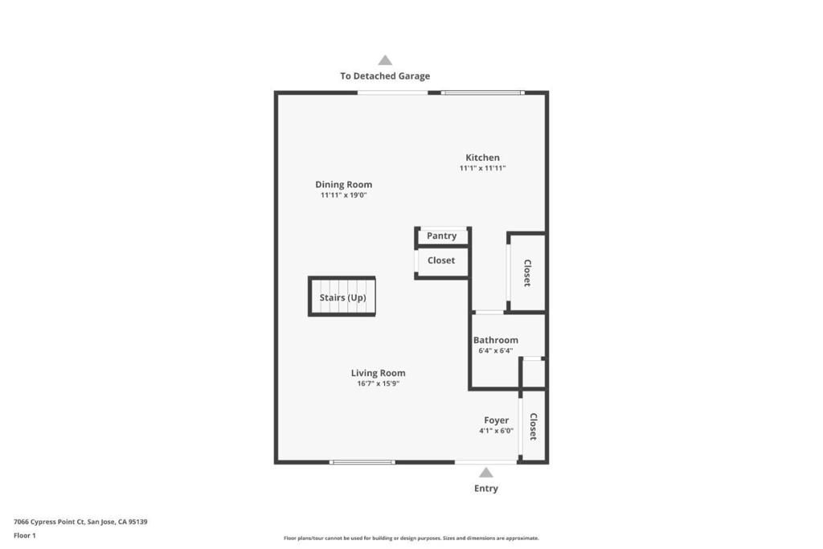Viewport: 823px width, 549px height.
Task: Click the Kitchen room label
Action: click(x=482, y=158)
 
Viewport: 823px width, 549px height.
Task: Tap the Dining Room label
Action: click(x=343, y=184)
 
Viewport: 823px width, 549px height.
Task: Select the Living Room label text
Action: click(x=378, y=373)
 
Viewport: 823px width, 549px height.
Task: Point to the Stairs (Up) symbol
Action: click(x=342, y=297)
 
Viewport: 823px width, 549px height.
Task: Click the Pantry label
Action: click(x=441, y=236)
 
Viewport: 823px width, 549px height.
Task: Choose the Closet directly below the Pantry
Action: click(x=440, y=260)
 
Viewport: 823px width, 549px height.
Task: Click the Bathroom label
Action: click(x=495, y=340)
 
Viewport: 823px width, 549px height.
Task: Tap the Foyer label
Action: click(x=496, y=420)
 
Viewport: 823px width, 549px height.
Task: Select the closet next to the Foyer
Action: click(x=533, y=426)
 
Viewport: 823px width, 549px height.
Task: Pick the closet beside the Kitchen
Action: click(x=527, y=272)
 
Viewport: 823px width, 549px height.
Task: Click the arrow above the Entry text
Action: click(x=485, y=473)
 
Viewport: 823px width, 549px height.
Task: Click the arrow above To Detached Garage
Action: click(x=385, y=60)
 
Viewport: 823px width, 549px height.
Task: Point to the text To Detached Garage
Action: click(x=384, y=76)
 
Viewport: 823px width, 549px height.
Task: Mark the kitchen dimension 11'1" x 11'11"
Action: click(x=482, y=169)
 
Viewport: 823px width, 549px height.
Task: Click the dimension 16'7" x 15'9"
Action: click(x=378, y=384)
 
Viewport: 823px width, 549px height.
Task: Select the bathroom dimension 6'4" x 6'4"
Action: click(x=495, y=350)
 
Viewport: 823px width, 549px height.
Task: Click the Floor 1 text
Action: click(x=25, y=535)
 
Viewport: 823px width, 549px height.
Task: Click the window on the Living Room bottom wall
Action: click(x=362, y=462)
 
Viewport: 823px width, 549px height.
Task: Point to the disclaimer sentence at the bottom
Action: click(x=411, y=539)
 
